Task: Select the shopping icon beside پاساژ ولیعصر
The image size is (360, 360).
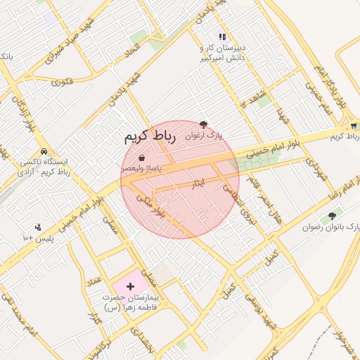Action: click(143, 158)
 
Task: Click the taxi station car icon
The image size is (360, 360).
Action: click(44, 152)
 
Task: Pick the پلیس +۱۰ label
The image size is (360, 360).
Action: click(39, 239)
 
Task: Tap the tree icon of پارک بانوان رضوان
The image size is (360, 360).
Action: click(332, 216)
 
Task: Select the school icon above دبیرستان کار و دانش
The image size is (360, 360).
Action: click(222, 37)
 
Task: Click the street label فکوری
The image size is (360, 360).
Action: click(62, 81)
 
